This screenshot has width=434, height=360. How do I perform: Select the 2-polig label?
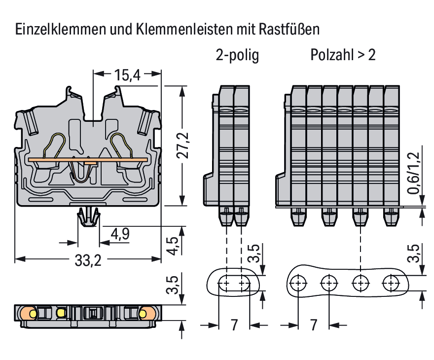click(237, 55)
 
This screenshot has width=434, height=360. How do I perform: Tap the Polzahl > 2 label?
click(343, 55)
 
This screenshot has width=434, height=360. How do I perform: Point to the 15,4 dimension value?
click(127, 75)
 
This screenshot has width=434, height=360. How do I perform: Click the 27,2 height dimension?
click(183, 146)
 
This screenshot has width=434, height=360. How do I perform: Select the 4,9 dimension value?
click(120, 234)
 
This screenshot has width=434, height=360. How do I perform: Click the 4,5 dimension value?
click(172, 245)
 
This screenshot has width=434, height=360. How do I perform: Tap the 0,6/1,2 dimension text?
click(414, 173)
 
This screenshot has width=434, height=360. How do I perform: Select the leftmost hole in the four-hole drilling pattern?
click(298, 284)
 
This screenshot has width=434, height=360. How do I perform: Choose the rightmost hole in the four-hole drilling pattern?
click(392, 284)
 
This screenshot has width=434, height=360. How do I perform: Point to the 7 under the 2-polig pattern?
click(234, 325)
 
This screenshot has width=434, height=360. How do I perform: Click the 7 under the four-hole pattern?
click(313, 325)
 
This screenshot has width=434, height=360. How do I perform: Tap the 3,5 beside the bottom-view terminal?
click(172, 285)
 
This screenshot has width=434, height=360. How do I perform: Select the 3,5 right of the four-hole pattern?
click(414, 253)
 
